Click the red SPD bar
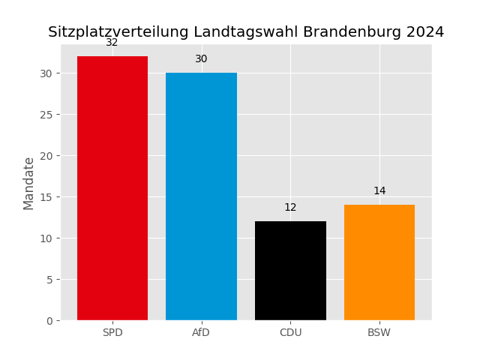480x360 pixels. [x=112, y=188]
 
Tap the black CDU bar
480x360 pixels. [x=290, y=271]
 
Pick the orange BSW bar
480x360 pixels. [x=379, y=262]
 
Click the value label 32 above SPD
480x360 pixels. [x=112, y=43]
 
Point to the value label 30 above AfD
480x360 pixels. [x=201, y=59]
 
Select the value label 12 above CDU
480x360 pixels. [x=290, y=208]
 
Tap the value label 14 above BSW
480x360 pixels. [x=379, y=191]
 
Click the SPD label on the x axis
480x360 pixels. [x=112, y=333]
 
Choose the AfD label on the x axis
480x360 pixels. [x=201, y=333]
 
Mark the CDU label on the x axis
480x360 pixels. [x=290, y=333]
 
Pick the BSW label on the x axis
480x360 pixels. [x=379, y=333]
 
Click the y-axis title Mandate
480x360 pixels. [x=29, y=183]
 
